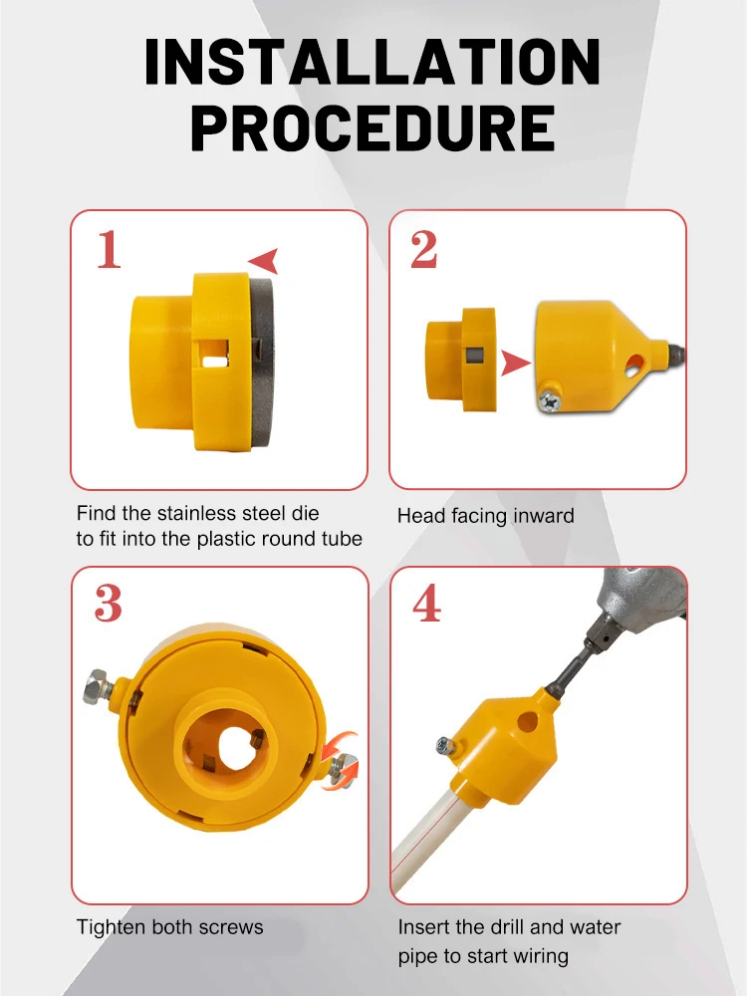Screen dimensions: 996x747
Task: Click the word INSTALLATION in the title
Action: pyautogui.click(x=373, y=63)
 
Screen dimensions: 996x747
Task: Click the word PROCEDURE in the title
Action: pyautogui.click(x=373, y=128)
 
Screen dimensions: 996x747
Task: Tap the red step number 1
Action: pyautogui.click(x=109, y=250)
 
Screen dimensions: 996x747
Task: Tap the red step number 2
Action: pyautogui.click(x=424, y=250)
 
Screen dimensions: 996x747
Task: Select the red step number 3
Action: pyautogui.click(x=109, y=605)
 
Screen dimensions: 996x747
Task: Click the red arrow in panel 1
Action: pyautogui.click(x=264, y=261)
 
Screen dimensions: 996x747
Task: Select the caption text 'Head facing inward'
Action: pyautogui.click(x=485, y=516)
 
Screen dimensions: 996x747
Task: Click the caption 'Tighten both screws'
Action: pyautogui.click(x=169, y=927)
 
